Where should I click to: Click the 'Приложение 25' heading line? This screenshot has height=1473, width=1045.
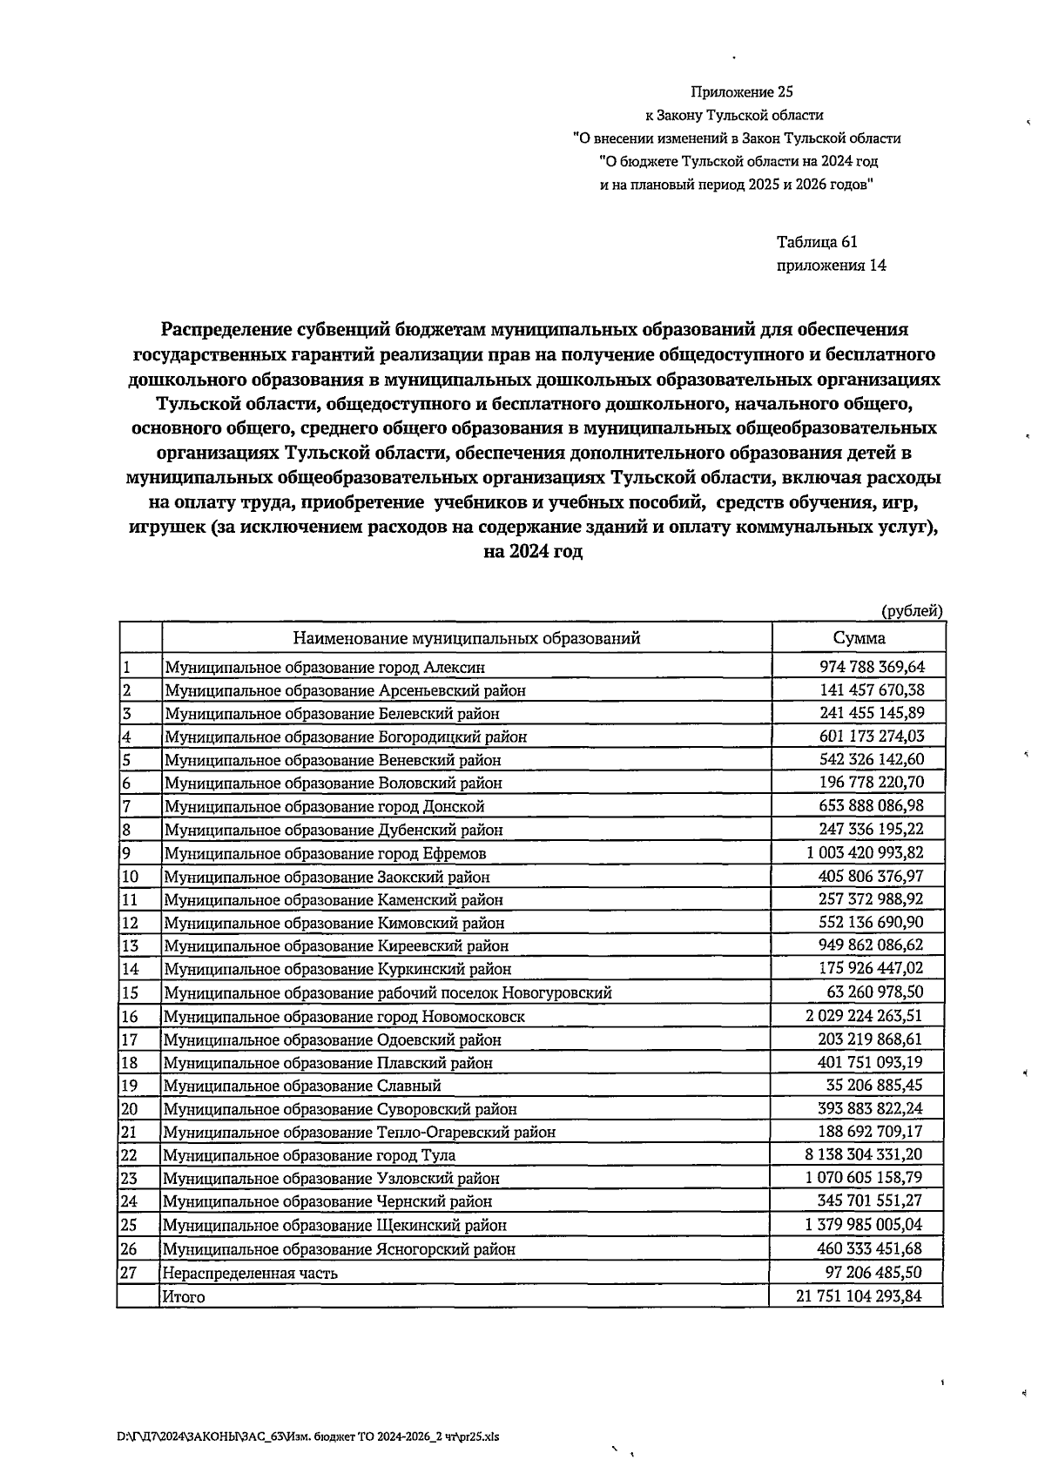742,91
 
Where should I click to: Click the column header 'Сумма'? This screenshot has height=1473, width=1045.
859,638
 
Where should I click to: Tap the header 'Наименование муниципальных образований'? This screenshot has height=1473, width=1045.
466,638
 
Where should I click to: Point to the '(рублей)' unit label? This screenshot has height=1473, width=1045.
912,611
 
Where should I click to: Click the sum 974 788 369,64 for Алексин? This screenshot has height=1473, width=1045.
872,667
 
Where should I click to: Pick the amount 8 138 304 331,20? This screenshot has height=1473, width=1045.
860,1154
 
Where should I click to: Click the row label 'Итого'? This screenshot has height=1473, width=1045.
184,1296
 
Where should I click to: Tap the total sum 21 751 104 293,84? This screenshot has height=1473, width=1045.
858,1296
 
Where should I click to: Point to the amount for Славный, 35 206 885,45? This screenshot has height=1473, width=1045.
873,1086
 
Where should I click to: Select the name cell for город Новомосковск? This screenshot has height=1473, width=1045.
345,1016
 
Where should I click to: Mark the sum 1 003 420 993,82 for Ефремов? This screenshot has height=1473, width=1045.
864,853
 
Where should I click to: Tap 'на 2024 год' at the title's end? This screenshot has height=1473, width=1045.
533,552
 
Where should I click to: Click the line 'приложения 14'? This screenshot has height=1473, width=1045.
831,266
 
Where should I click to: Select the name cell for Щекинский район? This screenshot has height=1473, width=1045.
335,1225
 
